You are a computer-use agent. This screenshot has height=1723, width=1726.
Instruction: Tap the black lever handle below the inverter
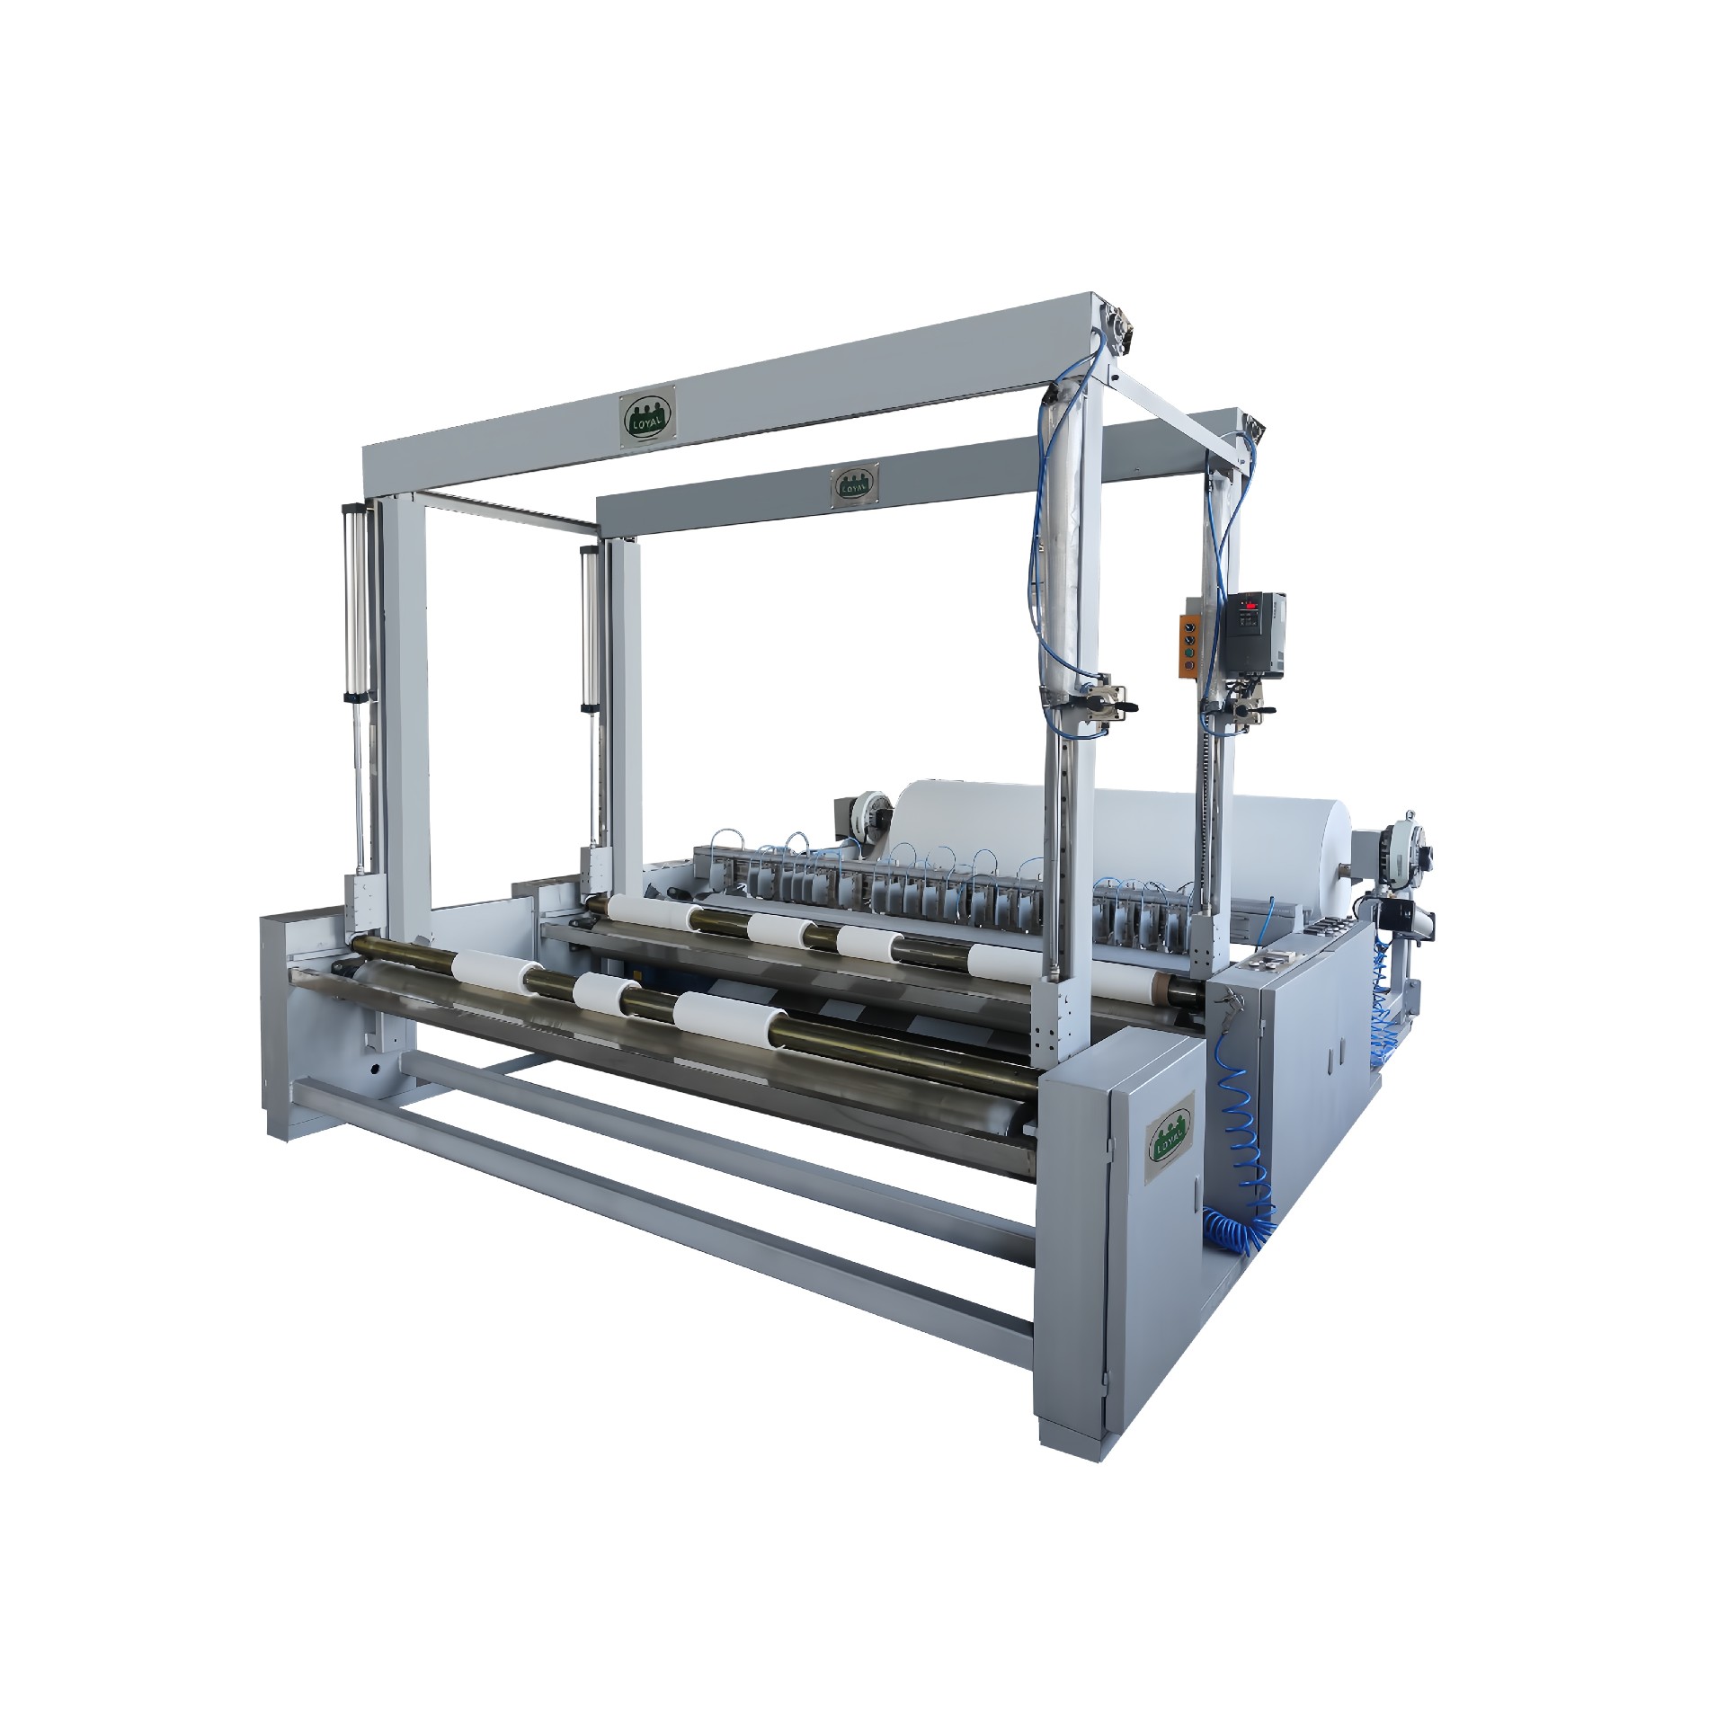click(1268, 712)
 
